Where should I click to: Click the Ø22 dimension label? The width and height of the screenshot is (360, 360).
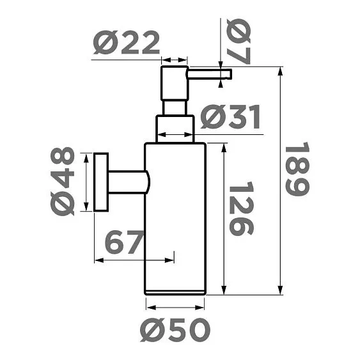(126, 44)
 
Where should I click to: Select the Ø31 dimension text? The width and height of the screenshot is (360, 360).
(230, 117)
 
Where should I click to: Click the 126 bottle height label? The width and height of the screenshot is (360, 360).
(241, 209)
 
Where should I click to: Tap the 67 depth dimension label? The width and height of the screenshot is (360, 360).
(123, 243)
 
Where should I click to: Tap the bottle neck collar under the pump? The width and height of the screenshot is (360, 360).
(175, 128)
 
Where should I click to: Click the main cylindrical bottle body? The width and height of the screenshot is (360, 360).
(175, 217)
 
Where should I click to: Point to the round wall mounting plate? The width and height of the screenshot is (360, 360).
(100, 182)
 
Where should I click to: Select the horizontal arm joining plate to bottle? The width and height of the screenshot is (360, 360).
(128, 182)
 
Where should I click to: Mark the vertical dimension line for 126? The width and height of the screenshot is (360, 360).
(223, 217)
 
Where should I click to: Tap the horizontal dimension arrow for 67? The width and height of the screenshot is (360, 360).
(134, 260)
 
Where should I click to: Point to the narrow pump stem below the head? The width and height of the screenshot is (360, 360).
(175, 107)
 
